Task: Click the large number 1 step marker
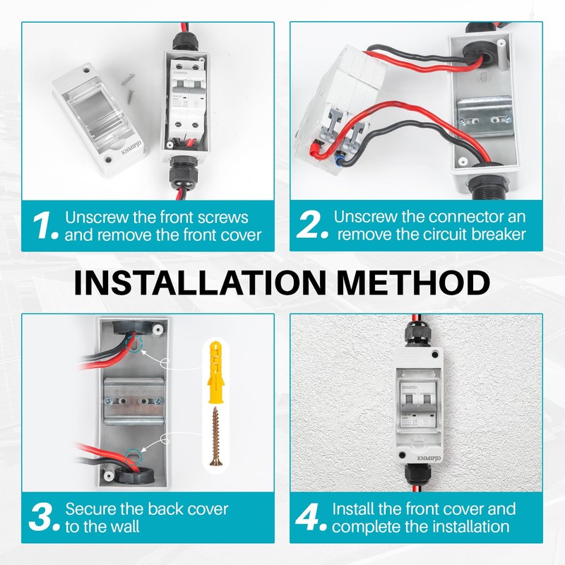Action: coord(44,225)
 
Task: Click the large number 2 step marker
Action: coord(311,225)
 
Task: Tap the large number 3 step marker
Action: coord(44,518)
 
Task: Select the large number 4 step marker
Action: coord(311,518)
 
